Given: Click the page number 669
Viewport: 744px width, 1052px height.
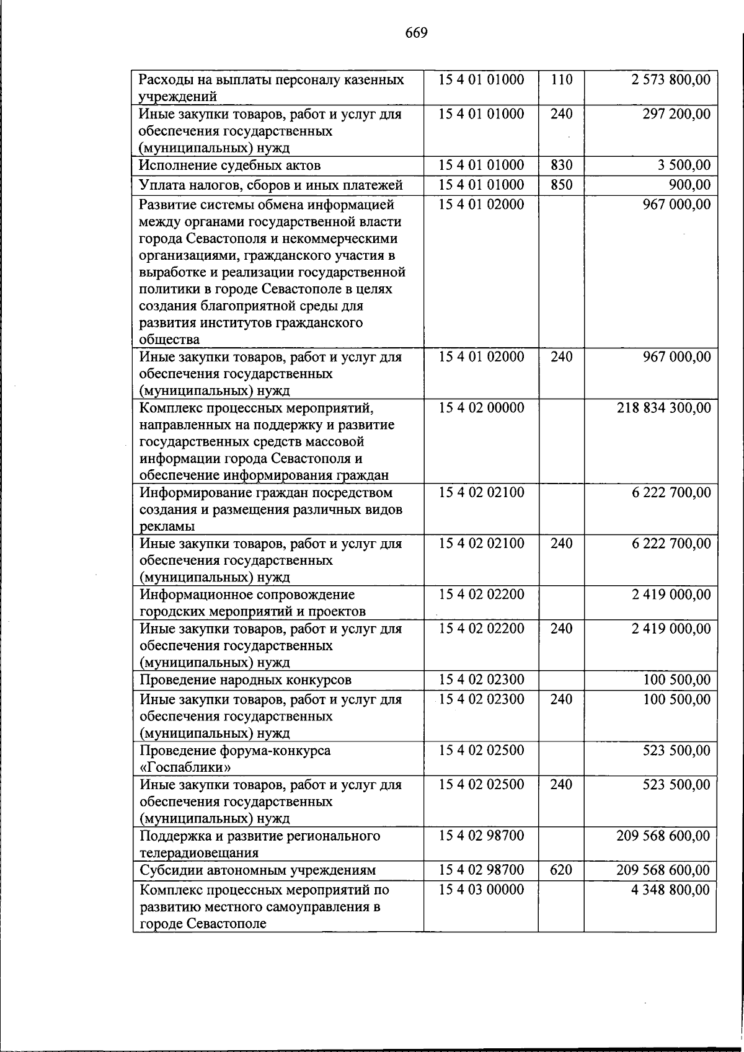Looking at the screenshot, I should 417,33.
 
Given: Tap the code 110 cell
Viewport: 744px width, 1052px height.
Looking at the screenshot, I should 561,80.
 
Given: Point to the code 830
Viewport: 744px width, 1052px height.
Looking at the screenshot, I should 561,166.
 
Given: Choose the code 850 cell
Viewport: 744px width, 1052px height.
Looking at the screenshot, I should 561,185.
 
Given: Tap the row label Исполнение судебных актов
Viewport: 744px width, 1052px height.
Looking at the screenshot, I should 230,166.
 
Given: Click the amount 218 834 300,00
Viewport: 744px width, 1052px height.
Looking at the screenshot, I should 663,408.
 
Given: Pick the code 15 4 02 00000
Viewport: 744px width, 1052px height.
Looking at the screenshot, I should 481,408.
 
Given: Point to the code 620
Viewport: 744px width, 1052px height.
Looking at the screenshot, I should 561,870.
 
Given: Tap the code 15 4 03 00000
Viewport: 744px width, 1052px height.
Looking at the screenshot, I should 481,890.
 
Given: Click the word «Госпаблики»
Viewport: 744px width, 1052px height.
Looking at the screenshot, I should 185,767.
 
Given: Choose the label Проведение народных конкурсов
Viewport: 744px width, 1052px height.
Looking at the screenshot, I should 246,680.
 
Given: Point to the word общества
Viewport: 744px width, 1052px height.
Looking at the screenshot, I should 169,340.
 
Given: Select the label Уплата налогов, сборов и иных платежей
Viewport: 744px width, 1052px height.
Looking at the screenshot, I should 271,185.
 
